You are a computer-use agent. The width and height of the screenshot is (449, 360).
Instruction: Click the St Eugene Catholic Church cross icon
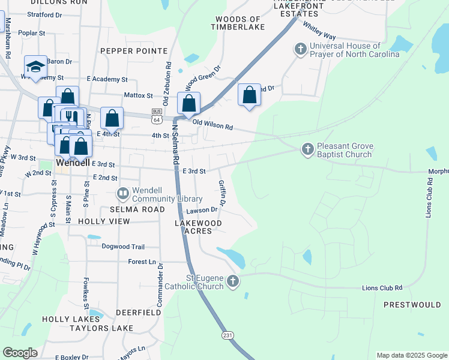tap(232, 281)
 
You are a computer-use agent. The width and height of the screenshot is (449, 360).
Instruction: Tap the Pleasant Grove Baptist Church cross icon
tap(307, 149)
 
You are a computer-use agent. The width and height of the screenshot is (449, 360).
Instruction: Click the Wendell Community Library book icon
tap(122, 194)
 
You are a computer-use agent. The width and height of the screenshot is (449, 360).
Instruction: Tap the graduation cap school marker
tap(35, 67)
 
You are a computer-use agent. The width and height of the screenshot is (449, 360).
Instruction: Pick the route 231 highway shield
tap(227, 334)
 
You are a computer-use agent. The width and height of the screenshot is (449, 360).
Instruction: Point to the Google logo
tap(20, 352)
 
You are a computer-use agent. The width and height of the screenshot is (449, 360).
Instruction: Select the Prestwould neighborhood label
tap(412, 305)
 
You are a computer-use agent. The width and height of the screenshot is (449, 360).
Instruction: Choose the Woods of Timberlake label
tap(237, 23)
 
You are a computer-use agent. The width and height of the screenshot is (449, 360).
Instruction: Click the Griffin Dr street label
tap(222, 193)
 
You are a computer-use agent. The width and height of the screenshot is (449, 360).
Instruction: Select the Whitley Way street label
tap(319, 31)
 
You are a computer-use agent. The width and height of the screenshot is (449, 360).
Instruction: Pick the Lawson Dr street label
tap(201, 210)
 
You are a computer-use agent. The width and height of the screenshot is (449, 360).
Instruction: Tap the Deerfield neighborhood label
tap(139, 313)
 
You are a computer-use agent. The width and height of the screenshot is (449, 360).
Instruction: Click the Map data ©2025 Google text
tap(411, 355)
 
